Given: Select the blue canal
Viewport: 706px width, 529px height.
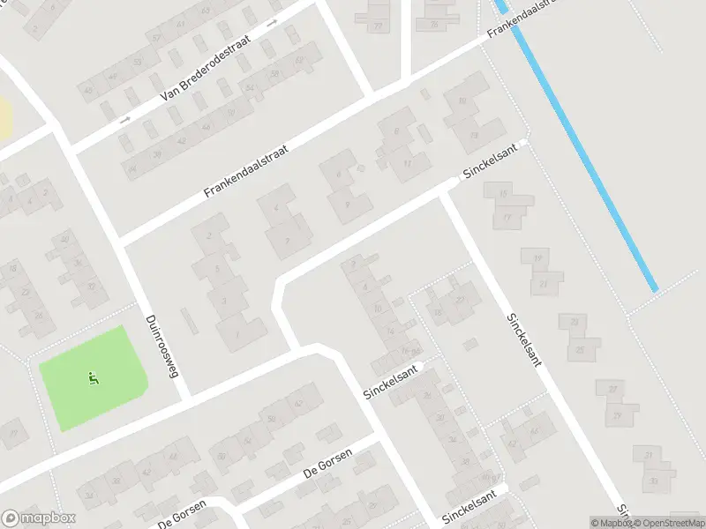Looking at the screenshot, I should coord(582,150).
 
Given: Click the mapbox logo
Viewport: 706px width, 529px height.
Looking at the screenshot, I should coord(39,518).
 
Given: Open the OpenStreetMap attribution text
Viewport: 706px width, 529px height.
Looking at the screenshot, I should coord(672,523).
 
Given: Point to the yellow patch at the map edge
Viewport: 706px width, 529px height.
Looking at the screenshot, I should coord(4,119).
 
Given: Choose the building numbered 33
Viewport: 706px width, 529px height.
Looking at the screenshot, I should coord(654,481).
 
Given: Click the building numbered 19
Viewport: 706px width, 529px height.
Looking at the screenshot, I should coord(537,258).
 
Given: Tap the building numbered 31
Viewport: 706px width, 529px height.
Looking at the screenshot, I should coord(649,455).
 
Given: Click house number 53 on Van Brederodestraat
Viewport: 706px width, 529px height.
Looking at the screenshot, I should coord(137,62).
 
